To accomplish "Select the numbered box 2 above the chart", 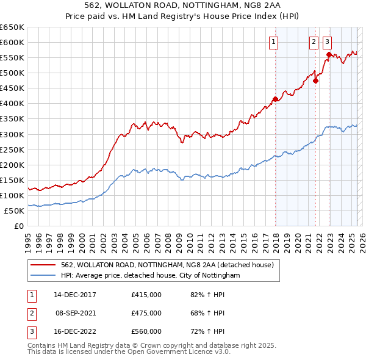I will click(313, 42).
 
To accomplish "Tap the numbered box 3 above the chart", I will click(327, 42).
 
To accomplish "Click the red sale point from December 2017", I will click(275, 99).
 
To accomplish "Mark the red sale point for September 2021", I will click(316, 81).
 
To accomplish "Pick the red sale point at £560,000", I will click(329, 54).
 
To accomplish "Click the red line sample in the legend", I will click(43, 265).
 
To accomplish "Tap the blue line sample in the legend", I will click(43, 276).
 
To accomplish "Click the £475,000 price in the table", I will click(146, 313).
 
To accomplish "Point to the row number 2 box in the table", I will click(31, 313).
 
